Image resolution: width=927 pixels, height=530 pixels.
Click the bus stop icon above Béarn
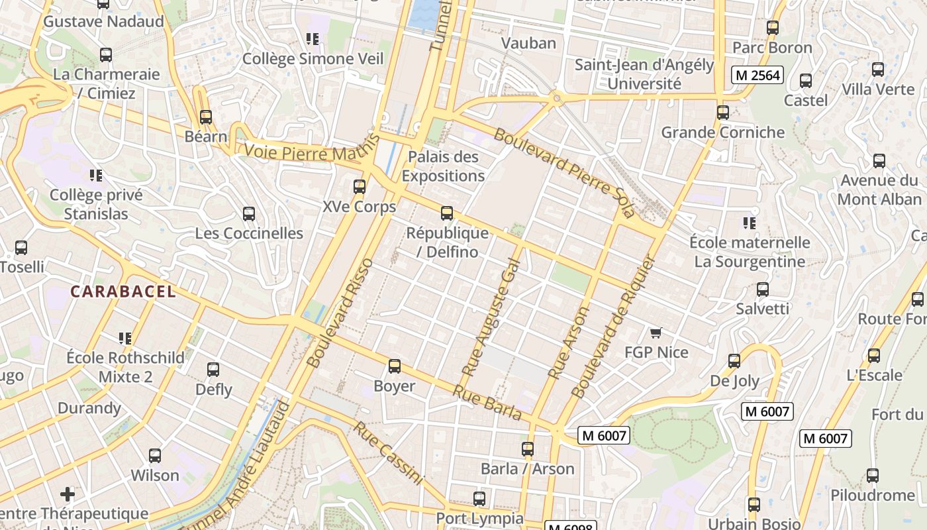[206, 117]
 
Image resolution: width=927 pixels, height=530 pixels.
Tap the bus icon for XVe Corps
[360, 187]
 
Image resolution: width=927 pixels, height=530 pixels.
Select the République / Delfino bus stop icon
[447, 213]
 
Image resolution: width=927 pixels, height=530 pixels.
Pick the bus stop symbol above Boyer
[395, 366]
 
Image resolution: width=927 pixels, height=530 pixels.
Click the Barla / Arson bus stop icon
[528, 449]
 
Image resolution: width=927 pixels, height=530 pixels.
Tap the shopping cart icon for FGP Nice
[656, 333]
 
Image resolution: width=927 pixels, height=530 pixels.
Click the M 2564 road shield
[757, 75]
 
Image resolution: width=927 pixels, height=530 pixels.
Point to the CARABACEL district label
[123, 291]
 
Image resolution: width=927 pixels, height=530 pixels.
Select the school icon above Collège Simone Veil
[313, 39]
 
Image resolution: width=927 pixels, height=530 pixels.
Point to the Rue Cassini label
[387, 452]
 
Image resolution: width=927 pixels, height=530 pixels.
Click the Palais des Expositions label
[443, 166]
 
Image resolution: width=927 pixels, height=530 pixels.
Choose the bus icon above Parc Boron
[773, 28]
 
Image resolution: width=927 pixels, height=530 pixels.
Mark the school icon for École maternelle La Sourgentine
[750, 223]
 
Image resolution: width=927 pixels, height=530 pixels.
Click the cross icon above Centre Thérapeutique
[68, 494]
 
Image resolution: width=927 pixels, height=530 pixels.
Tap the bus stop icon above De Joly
[734, 361]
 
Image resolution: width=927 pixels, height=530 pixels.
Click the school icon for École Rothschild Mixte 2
[125, 339]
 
